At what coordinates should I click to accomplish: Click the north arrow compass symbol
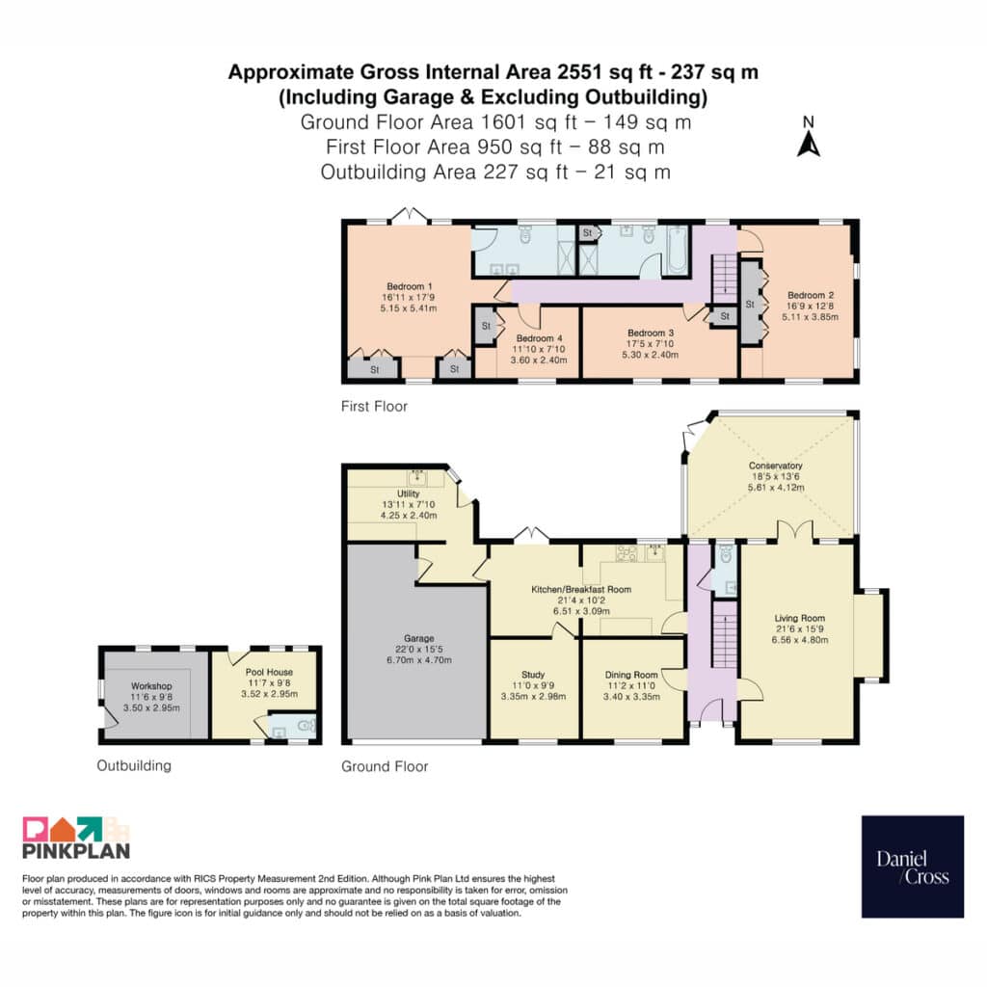pos(809,137)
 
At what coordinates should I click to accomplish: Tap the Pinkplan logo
pos(76,838)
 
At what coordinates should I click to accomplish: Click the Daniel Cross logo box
pos(912,867)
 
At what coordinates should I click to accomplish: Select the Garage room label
pos(419,638)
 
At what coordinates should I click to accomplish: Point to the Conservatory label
pos(776,466)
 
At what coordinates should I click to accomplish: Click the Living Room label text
pos(799,618)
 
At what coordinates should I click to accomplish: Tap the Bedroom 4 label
pos(539,338)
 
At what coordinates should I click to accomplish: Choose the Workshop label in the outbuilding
pos(151,686)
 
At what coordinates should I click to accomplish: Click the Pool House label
pos(269,672)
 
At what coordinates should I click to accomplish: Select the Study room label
pos(533,674)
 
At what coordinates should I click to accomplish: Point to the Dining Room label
pos(631,675)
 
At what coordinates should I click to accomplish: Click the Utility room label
pos(408,493)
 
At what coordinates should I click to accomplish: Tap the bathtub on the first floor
pos(677,250)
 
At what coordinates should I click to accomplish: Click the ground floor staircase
pos(724,634)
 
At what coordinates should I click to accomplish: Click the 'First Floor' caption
pos(375,407)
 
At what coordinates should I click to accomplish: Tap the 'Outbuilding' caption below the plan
pos(133,765)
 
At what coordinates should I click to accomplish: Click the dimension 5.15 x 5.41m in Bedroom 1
pos(409,308)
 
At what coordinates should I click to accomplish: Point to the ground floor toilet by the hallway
pos(726,554)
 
